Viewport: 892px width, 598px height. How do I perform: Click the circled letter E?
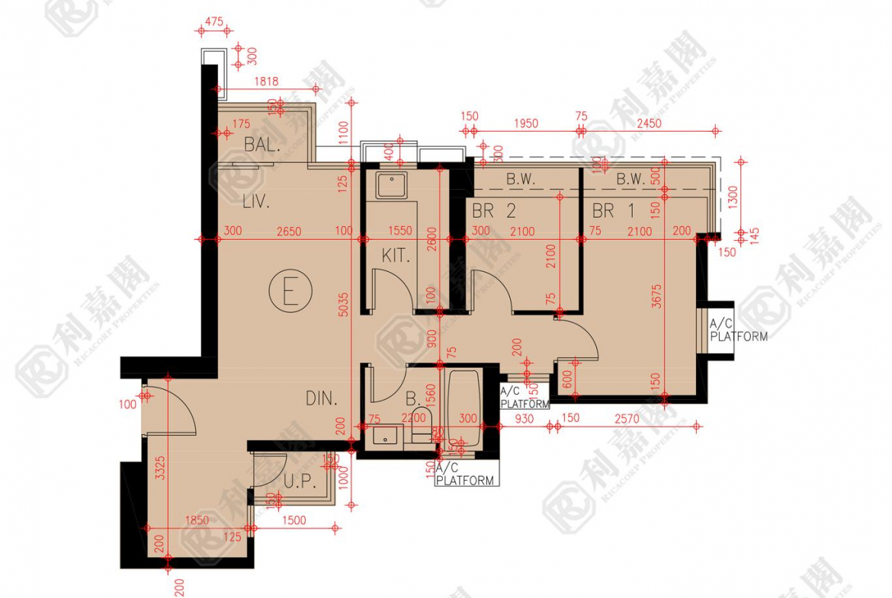(290, 291)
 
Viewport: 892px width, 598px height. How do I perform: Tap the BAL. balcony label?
(262, 145)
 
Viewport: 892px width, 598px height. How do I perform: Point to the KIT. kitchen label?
(396, 255)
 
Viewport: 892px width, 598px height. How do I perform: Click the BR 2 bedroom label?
(493, 211)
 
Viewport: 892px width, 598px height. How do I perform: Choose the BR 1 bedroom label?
(613, 211)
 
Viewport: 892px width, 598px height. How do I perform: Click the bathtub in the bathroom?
(464, 408)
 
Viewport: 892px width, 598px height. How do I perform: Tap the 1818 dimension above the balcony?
(266, 82)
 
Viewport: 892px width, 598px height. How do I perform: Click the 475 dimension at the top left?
(214, 22)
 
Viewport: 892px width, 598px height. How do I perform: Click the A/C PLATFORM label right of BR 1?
(737, 330)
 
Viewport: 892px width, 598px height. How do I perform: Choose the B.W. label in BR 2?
(521, 180)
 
